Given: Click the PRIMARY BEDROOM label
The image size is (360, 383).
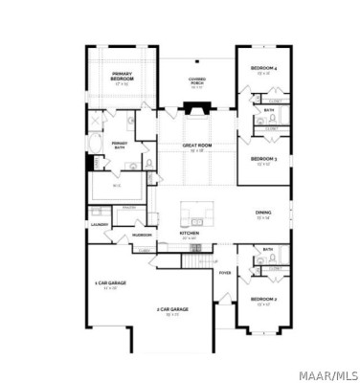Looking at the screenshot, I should pos(122,77).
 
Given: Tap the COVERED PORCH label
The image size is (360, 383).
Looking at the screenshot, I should pos(197,82).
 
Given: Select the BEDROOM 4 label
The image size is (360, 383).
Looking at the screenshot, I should pos(263,69).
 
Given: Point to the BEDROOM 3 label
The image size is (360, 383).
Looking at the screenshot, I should pos(263,158).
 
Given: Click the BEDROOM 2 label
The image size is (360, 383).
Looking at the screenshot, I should pos(263,301).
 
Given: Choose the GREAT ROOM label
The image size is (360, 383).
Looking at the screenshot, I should pos(196,146).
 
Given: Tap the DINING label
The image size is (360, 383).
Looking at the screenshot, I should pos(263,214).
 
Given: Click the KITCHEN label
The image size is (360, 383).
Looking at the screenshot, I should pos(190,233).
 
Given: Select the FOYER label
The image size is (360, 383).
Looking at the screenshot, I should pos(225,273).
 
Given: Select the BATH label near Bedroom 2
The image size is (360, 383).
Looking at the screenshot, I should pos(268,250).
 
